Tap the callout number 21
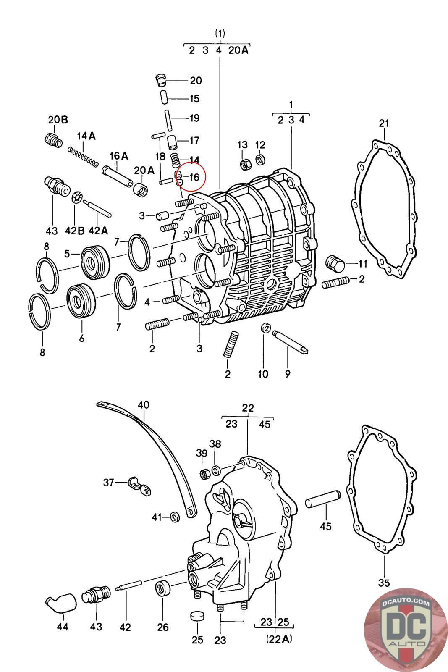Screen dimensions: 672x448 pos(384,123)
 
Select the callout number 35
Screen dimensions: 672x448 pos(384,583)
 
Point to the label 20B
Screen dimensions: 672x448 pos(58,120)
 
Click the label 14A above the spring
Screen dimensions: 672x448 pos(86,136)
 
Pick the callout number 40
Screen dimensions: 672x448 pos(144,405)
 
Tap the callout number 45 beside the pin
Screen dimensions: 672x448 pos(326,526)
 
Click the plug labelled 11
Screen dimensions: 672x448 pos(335,264)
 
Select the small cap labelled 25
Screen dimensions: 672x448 pos(197,616)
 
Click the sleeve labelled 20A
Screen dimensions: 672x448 pos(141,189)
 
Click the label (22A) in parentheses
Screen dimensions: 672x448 pos(278,639)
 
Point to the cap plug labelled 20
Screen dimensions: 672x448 pos(160,80)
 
